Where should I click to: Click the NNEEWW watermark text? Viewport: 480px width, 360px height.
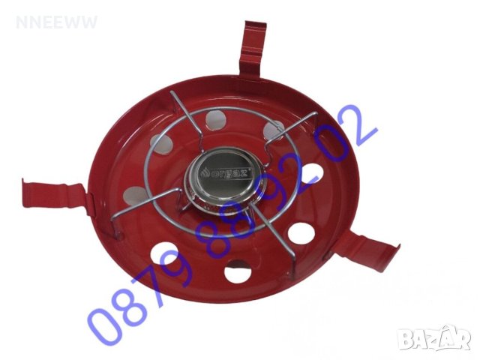(57, 22)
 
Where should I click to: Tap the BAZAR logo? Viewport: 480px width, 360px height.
(436, 337)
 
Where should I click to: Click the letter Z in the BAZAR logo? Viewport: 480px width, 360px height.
(436, 339)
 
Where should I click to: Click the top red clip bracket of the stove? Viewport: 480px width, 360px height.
(253, 48)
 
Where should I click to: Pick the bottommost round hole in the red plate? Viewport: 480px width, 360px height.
(238, 271)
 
